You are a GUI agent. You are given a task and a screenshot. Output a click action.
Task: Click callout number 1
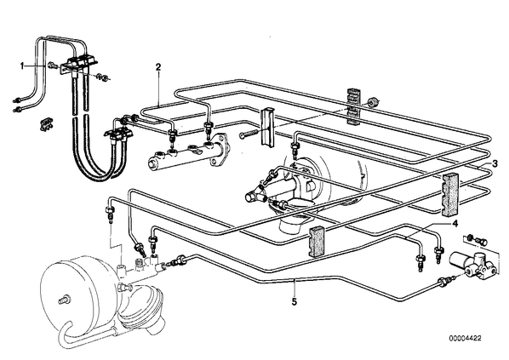(x=22, y=66)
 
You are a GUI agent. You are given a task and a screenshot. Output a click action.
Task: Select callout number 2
(x=158, y=67)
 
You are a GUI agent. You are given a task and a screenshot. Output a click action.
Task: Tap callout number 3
(x=495, y=163)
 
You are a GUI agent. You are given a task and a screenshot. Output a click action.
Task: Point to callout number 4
(x=455, y=224)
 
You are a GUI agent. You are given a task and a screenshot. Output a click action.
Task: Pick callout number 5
(x=295, y=302)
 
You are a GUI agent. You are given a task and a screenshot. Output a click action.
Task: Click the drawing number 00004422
(x=466, y=338)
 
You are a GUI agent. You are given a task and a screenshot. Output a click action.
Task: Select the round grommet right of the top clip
(x=374, y=102)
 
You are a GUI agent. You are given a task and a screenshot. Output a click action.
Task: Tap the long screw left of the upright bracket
(x=249, y=133)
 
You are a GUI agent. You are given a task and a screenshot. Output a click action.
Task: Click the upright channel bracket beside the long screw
(x=266, y=126)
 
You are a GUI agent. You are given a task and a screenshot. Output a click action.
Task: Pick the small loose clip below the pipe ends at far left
(x=47, y=124)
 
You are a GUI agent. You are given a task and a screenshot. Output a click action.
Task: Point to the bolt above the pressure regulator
(x=482, y=242)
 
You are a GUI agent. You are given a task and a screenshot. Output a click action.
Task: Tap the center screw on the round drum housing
(x=65, y=299)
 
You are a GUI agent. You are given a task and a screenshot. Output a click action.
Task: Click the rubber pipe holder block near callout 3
(x=450, y=194)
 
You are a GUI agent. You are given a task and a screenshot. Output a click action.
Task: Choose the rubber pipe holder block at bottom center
(x=317, y=242)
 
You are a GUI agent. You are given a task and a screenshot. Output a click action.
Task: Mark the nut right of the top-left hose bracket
(x=104, y=77)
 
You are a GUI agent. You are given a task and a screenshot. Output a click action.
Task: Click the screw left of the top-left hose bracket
(x=52, y=66)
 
